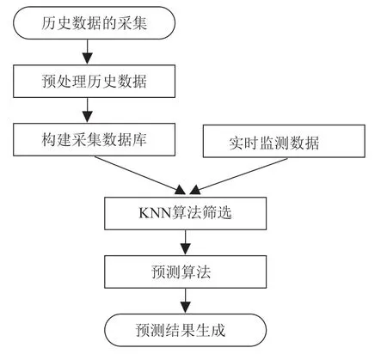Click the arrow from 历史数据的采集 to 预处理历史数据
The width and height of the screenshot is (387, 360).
point(87,52)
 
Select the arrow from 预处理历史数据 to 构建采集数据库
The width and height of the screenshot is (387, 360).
point(87,110)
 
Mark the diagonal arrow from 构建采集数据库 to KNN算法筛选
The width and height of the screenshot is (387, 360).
point(140,175)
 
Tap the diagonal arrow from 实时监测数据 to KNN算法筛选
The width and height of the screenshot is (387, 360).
point(238,176)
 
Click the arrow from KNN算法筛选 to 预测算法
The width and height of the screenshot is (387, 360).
point(185,242)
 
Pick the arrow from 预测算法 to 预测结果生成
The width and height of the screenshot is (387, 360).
point(185,301)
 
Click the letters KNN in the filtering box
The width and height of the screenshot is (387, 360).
point(155,213)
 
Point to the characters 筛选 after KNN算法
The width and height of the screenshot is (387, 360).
point(217,213)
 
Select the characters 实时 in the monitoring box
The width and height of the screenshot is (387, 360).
point(243,143)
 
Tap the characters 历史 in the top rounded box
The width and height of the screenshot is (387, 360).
point(56,23)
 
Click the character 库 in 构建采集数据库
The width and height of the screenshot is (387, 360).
point(139,140)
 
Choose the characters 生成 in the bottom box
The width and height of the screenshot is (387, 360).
point(211,330)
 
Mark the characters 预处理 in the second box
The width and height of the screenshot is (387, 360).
point(64,82)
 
